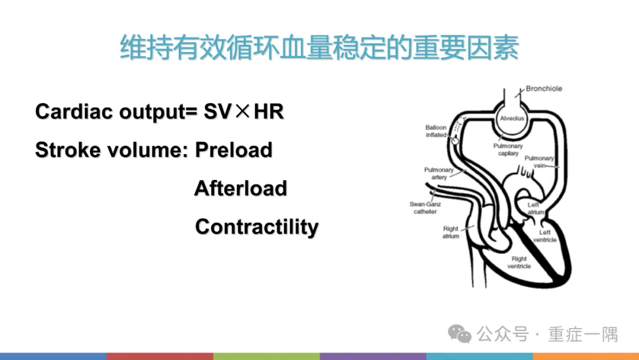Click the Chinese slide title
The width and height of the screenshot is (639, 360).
pos(319,47)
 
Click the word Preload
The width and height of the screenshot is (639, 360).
pos(234,150)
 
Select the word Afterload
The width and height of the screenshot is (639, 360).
pos(240,189)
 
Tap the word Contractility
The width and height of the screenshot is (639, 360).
pos(257,227)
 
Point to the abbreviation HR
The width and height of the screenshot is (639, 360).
pos(269,111)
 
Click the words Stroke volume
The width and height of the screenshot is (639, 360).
pos(112,150)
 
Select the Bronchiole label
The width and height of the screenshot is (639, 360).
pos(544,89)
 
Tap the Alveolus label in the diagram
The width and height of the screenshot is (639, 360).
pos(512,118)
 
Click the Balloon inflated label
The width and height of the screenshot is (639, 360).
pos(436,131)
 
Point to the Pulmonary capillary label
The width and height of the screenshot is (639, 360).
pos(508,149)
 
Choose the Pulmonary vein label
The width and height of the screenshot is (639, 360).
pos(539,162)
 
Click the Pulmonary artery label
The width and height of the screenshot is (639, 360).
pos(439,173)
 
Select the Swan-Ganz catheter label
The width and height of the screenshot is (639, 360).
pos(425,208)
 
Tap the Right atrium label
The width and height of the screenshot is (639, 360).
pos(451,233)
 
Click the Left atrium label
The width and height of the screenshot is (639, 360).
pos(536,208)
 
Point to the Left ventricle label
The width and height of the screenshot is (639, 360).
pos(544,236)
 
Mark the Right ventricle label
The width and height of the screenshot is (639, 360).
pos(519,262)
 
